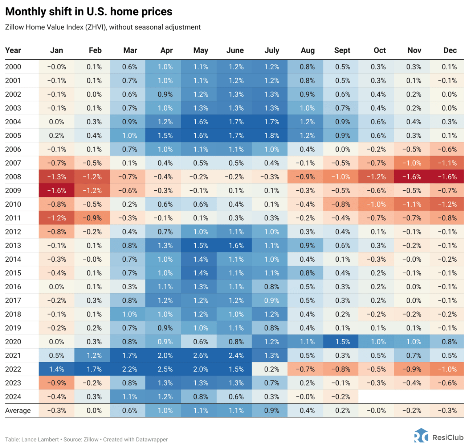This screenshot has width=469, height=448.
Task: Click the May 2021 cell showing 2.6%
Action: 200,356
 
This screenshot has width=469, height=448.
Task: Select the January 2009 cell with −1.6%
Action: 57,191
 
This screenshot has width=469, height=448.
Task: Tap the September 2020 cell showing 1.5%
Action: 342,342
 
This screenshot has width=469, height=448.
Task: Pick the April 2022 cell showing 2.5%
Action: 165,369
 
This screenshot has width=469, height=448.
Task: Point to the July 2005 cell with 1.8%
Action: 272,136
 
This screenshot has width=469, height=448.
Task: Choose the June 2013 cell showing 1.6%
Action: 236,246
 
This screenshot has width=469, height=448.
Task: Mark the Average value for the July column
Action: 272,411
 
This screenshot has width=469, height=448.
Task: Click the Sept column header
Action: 342,50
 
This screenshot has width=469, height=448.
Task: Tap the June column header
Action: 235,50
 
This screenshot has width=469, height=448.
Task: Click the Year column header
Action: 13,50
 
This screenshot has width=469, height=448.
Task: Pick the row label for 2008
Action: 13,177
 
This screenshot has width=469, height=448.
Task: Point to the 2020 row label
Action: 13,342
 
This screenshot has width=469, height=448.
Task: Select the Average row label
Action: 18,411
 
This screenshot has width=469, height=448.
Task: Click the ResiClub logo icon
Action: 421,436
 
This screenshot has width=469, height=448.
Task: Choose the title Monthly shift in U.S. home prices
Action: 89,12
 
